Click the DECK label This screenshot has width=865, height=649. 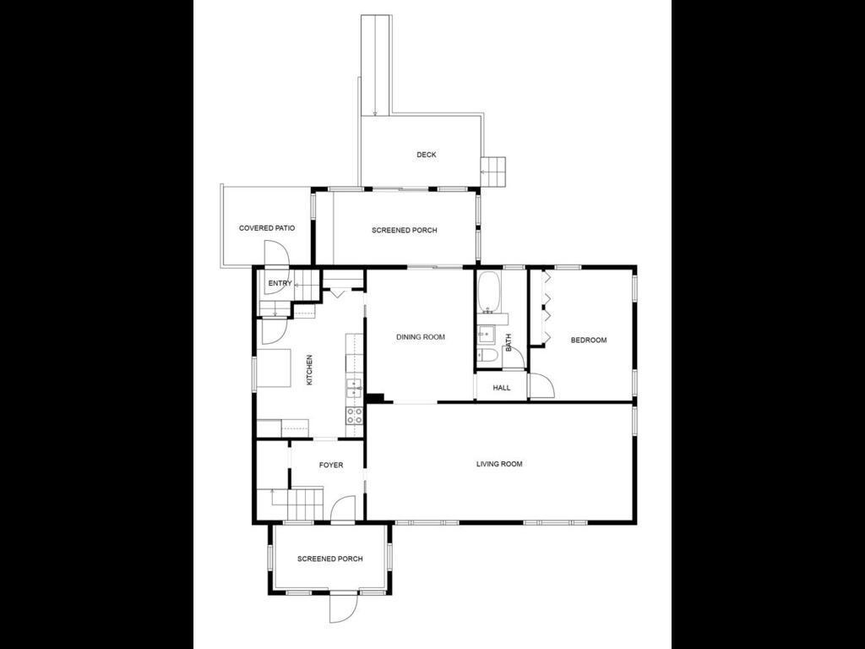pyautogui.click(x=427, y=155)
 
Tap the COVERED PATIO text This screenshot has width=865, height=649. pyautogui.click(x=267, y=228)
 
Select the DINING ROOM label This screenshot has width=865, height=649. pyautogui.click(x=421, y=337)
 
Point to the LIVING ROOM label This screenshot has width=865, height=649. pyautogui.click(x=499, y=464)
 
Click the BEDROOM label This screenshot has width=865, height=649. pyautogui.click(x=589, y=341)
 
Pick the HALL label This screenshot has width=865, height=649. pyautogui.click(x=502, y=388)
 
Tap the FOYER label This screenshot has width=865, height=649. pyautogui.click(x=331, y=465)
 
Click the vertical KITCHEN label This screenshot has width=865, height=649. pyautogui.click(x=309, y=370)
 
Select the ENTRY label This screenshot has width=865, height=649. pyautogui.click(x=280, y=283)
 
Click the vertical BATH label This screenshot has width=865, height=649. pyautogui.click(x=509, y=343)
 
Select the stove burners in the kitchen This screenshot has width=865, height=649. pyautogui.click(x=355, y=415)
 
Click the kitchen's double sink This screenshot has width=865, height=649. pyautogui.click(x=355, y=388)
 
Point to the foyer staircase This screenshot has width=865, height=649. pyautogui.click(x=305, y=504)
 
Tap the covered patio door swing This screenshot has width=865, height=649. pyautogui.click(x=276, y=253)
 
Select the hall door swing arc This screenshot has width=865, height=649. pyautogui.click(x=541, y=387)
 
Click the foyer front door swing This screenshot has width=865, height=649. pyautogui.click(x=342, y=510)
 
